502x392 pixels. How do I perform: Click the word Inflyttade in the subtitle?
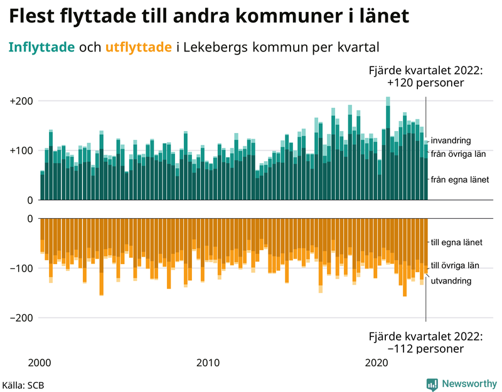coord(42,47)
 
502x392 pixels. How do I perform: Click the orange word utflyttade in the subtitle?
coord(139,47)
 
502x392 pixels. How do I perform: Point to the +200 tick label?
coord(23,101)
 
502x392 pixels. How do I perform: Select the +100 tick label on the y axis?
coord(23,151)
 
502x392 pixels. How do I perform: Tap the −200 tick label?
coord(23,318)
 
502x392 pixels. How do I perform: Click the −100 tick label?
coord(23,268)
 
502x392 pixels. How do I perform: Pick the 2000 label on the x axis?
coord(40,363)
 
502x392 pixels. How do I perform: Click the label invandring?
coord(451,140)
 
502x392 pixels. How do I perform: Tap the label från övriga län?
coord(459,154)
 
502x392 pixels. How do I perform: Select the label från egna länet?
coord(459,179)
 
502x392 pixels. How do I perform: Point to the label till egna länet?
coord(456,242)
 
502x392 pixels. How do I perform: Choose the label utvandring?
coord(451,281)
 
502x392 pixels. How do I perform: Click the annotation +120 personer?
coord(425,82)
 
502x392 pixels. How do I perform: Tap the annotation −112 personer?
coord(425,348)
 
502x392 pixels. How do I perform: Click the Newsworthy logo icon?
coord(432,384)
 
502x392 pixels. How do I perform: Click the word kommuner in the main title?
coord(283,16)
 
